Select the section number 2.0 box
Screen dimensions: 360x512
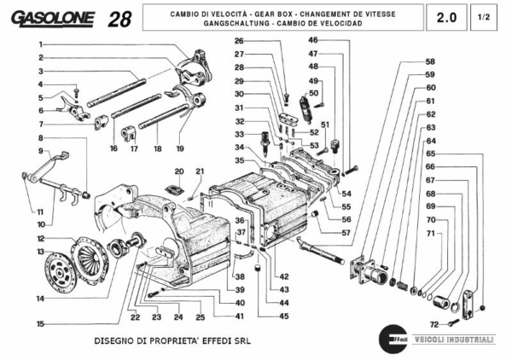[x=446, y=17]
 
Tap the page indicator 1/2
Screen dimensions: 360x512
[x=484, y=17]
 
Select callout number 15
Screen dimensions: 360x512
[x=40, y=324]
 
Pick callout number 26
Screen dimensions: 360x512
[x=239, y=41]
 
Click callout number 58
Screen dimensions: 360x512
[x=430, y=61]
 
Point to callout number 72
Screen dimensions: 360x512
[x=433, y=325]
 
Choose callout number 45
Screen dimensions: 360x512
[x=283, y=316]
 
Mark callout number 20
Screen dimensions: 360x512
[x=179, y=171]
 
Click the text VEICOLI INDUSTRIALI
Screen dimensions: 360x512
[x=453, y=339]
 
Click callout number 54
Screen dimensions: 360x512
[x=346, y=194]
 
